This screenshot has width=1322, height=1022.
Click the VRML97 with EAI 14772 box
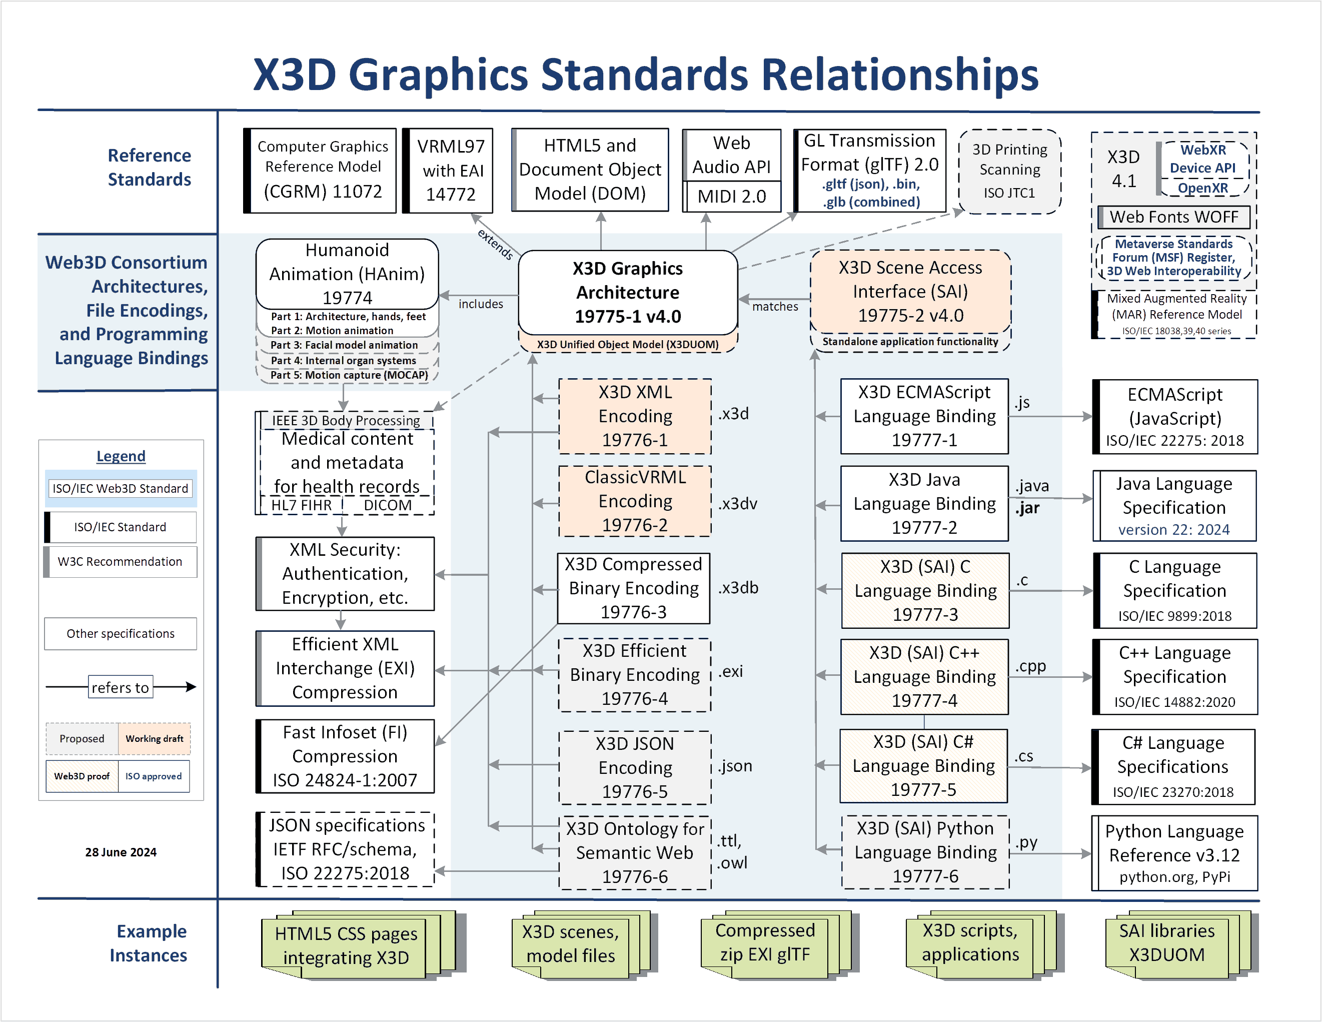click(x=448, y=170)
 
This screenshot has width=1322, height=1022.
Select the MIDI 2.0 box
click(x=731, y=196)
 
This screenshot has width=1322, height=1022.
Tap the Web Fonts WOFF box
click(x=1174, y=217)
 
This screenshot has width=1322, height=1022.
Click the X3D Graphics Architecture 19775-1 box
click(x=628, y=293)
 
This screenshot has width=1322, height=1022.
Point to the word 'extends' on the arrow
click(x=495, y=244)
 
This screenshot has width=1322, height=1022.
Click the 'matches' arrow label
click(x=775, y=306)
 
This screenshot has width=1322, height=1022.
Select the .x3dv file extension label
click(x=737, y=504)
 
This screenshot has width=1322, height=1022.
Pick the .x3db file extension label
click(x=738, y=588)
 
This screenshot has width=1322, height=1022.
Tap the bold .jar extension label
click(x=1028, y=508)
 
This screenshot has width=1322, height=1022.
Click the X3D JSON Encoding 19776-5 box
click(x=634, y=767)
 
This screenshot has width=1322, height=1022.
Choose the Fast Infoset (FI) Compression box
click(x=345, y=756)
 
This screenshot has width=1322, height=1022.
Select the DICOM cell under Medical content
click(x=388, y=505)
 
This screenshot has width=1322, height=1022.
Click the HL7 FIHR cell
click(x=301, y=505)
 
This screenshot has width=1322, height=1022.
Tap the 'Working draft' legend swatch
click(x=155, y=739)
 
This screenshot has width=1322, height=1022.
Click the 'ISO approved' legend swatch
click(x=154, y=776)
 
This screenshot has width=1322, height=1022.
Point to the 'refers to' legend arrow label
click(x=121, y=687)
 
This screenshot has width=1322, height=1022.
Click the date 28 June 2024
click(x=121, y=852)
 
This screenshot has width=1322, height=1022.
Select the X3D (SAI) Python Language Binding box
click(x=925, y=852)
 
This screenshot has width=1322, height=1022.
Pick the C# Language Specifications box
click(x=1173, y=766)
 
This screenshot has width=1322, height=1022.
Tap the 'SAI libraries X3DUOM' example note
click(x=1166, y=942)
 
